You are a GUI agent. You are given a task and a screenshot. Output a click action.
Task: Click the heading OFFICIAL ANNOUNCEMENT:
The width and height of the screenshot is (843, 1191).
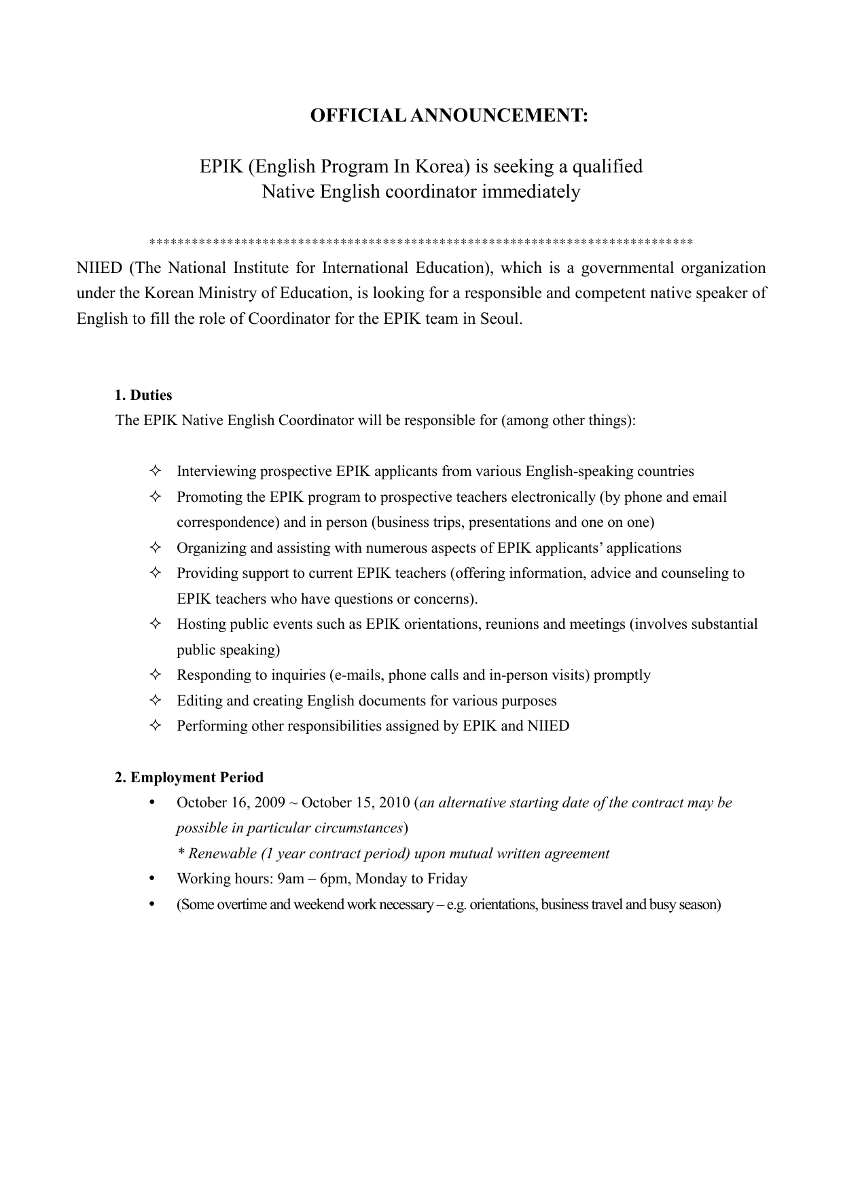coord(449,115)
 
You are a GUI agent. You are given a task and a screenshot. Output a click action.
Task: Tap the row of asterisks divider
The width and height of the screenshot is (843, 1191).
coord(420,242)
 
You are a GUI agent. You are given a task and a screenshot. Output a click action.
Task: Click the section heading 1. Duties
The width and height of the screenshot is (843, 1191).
coord(143,395)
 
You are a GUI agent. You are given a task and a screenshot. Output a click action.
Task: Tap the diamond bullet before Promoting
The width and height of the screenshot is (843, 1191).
coord(155,497)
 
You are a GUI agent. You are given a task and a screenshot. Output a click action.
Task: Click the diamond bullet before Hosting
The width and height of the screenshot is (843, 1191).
coord(155,624)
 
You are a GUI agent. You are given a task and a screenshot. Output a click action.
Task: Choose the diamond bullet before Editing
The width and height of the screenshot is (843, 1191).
coord(155,701)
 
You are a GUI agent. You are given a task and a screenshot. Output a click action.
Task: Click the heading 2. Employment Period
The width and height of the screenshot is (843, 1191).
coord(189,777)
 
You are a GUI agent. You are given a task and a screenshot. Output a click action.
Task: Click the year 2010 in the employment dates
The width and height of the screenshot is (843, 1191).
coord(395,803)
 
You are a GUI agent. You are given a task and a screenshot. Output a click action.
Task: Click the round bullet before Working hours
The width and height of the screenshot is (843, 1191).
coord(152,879)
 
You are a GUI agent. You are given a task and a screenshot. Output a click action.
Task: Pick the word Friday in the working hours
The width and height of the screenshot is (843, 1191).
coord(447,879)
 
